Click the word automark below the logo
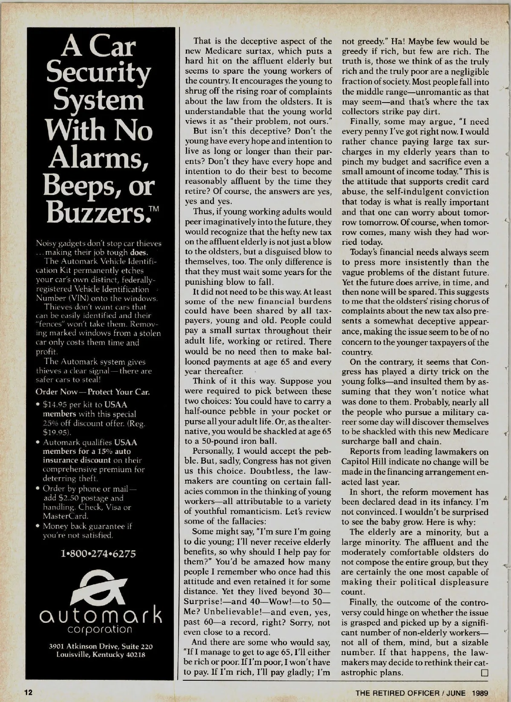100,616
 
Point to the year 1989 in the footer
479,693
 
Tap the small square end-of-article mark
484,673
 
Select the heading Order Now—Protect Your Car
92,392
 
